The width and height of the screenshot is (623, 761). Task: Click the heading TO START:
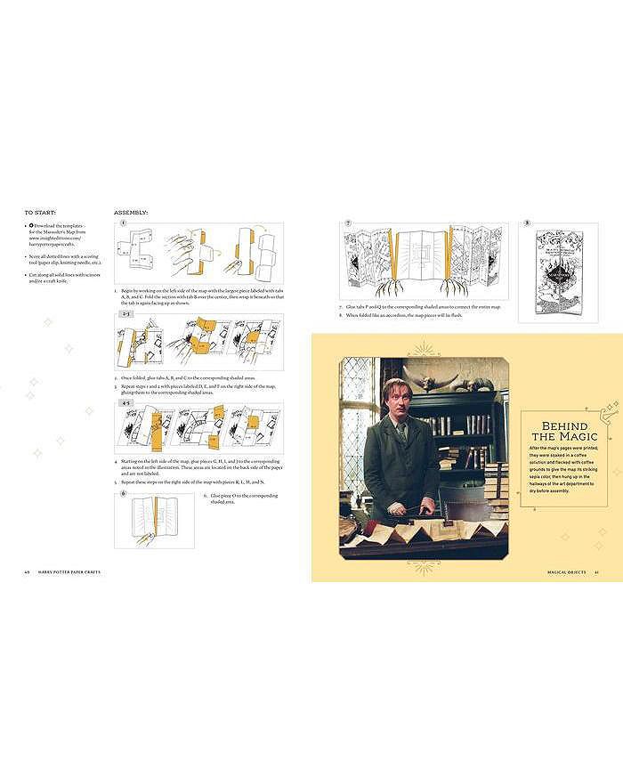(40, 214)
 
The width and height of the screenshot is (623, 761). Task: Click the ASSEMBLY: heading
(131, 214)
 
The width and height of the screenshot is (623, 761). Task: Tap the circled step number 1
(124, 224)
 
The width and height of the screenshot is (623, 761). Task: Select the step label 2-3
(125, 315)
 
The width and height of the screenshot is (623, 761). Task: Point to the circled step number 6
(124, 493)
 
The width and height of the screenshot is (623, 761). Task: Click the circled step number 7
(349, 223)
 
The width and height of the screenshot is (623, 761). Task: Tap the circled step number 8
(527, 223)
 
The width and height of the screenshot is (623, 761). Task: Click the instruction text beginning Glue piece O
(234, 498)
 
